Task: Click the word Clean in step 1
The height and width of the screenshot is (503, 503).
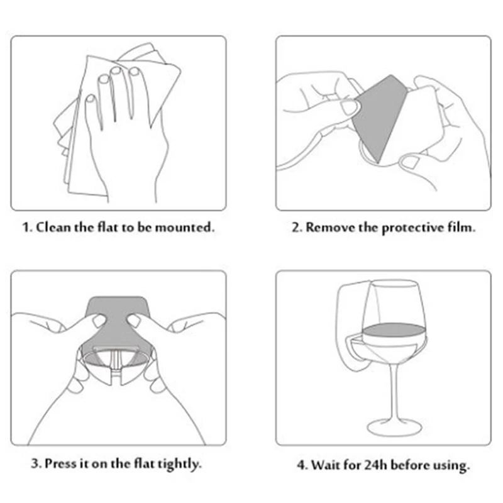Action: pyautogui.click(x=53, y=228)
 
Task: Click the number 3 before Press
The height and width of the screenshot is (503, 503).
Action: pyautogui.click(x=36, y=464)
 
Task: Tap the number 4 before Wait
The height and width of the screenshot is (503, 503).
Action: pyautogui.click(x=302, y=465)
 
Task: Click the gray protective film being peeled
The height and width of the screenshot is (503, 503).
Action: pyautogui.click(x=380, y=117)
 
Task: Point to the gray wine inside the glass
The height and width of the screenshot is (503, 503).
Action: pyautogui.click(x=394, y=329)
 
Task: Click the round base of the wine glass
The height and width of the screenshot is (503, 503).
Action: pyautogui.click(x=394, y=427)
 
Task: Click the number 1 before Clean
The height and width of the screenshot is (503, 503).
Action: pyautogui.click(x=27, y=228)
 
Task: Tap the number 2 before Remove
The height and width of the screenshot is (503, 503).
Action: pyautogui.click(x=296, y=228)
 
